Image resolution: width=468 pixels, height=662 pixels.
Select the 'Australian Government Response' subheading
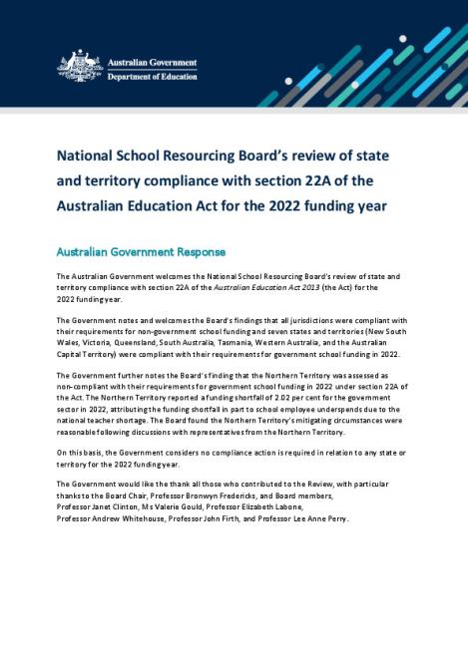click(x=141, y=252)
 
